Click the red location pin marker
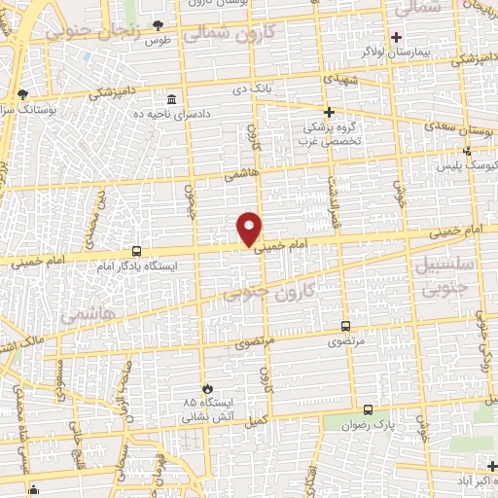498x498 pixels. pos(250,229)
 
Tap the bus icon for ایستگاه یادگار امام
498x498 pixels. pos(135,250)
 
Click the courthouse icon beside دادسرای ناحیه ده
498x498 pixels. pos(172,100)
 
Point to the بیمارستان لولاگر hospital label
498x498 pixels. pos(361,51)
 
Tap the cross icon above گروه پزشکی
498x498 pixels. pos(329,112)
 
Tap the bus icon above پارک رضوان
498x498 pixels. pos(367,409)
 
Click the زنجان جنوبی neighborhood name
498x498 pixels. pos(92,31)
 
